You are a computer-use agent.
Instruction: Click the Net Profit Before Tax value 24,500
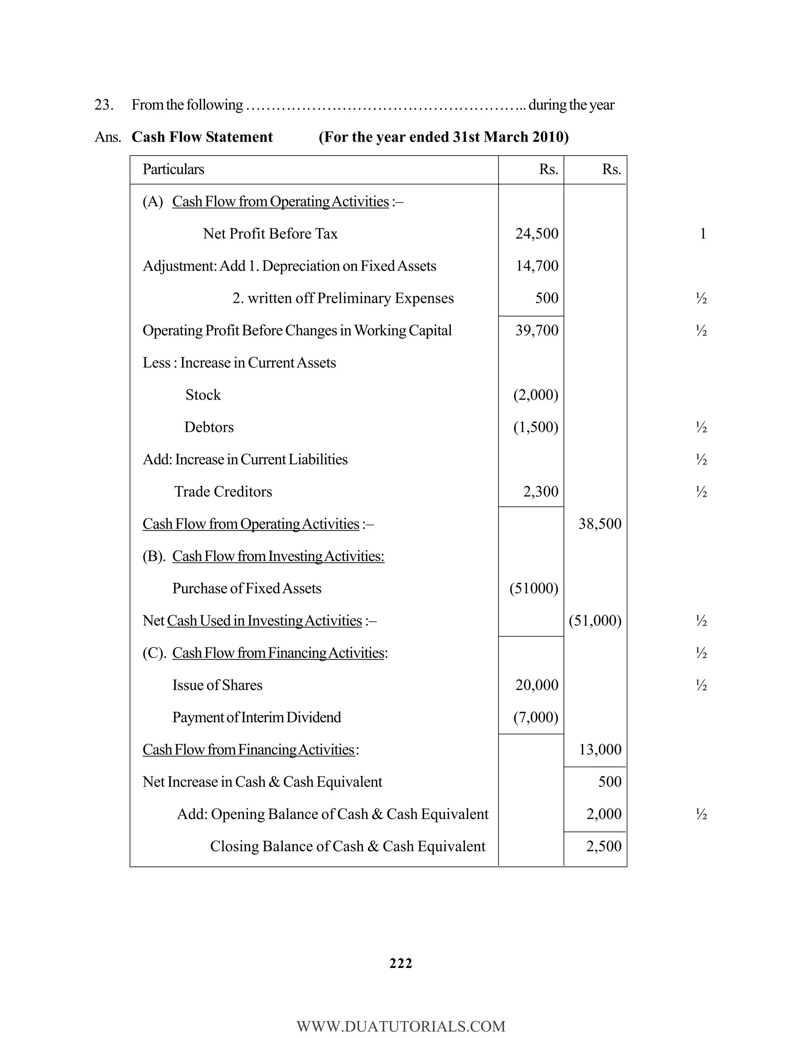(x=536, y=233)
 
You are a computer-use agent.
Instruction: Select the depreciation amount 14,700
(x=537, y=266)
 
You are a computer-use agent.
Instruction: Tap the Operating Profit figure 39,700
(x=536, y=330)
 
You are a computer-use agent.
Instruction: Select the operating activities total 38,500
(x=600, y=524)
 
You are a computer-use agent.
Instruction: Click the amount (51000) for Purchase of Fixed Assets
(x=534, y=588)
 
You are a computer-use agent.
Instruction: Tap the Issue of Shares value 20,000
(x=536, y=685)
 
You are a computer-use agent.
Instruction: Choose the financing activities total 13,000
(x=600, y=749)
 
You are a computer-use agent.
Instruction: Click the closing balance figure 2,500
(x=603, y=846)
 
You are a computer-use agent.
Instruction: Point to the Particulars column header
(x=173, y=169)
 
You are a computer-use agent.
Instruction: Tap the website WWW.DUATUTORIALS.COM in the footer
(x=401, y=1027)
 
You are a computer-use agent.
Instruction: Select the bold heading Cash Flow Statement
(x=202, y=137)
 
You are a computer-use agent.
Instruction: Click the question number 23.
(x=103, y=105)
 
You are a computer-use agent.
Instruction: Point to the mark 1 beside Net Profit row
(x=703, y=233)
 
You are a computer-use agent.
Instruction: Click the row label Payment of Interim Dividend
(x=256, y=717)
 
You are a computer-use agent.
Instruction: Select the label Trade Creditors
(x=223, y=492)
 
